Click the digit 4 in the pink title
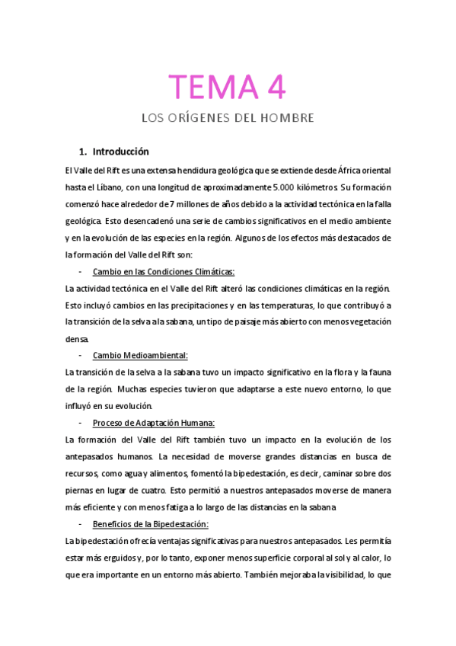click(x=275, y=86)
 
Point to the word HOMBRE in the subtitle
click(x=286, y=118)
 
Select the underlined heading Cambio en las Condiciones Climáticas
click(x=163, y=272)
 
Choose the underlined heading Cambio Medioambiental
click(x=139, y=356)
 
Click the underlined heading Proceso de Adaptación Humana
click(x=153, y=423)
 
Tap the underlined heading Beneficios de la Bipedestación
click(x=150, y=523)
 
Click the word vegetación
click(x=366, y=322)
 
